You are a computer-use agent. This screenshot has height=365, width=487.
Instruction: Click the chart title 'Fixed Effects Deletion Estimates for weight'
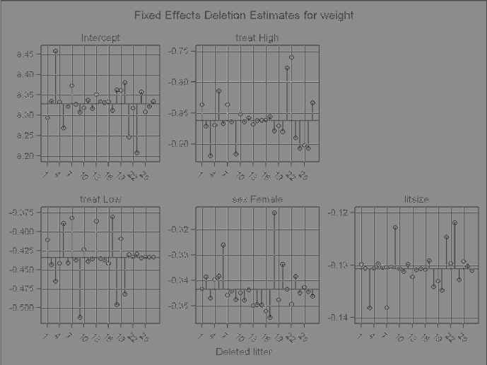244,15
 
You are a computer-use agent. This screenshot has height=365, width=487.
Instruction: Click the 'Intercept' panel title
100,38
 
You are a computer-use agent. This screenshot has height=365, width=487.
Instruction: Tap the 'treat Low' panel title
100,200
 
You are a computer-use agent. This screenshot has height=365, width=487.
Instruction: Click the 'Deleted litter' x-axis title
244,351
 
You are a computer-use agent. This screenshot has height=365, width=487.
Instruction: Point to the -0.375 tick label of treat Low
20,213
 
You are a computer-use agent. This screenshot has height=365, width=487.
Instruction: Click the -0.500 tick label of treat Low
20,308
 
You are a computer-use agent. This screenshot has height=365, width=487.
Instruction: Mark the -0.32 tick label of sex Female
180,229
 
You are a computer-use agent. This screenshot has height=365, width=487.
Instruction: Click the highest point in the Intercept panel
55,51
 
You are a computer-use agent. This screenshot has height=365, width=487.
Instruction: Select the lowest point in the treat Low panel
80,317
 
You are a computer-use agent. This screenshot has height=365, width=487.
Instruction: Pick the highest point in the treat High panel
291,56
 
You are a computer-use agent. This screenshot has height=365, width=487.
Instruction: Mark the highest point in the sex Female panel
274,212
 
